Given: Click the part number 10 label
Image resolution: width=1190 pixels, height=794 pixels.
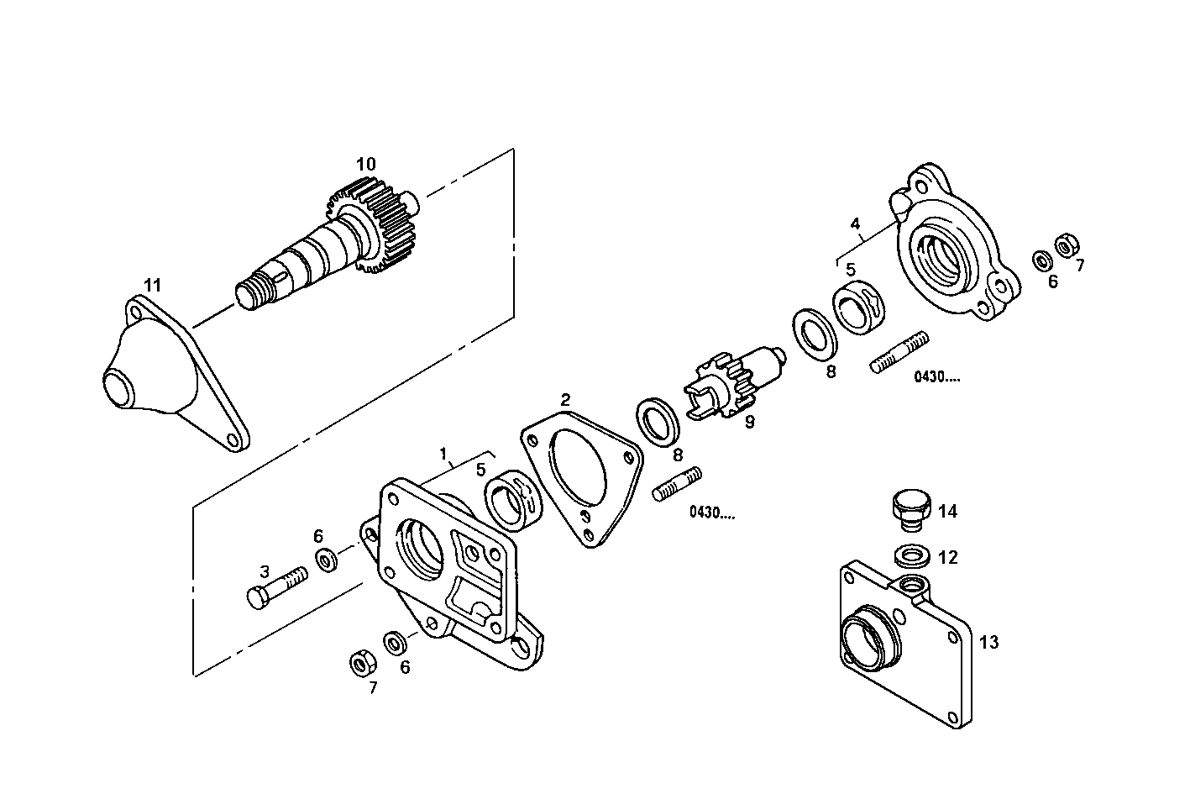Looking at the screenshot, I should (365, 165).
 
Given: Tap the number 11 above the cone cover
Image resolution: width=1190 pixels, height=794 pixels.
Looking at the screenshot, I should (151, 286).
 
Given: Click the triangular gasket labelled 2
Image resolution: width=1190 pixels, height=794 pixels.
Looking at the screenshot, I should (580, 475).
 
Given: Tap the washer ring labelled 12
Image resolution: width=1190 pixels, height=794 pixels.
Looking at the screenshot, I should (910, 555).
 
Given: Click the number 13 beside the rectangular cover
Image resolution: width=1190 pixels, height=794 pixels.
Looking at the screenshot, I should (989, 643).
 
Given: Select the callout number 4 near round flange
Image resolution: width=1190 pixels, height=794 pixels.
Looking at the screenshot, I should (855, 224).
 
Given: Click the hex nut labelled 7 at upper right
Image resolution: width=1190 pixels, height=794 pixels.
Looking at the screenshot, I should (1067, 245).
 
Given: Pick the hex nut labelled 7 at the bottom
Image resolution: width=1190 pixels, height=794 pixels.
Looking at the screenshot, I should (361, 664).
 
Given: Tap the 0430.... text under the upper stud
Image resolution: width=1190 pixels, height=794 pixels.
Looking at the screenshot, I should (937, 377).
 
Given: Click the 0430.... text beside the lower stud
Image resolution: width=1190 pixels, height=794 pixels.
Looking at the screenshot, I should (711, 513).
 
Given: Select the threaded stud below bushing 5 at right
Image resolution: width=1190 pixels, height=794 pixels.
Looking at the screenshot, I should (900, 353).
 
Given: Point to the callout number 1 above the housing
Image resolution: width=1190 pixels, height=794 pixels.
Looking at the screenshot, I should (443, 455).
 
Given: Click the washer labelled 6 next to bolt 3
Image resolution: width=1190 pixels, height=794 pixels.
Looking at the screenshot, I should (325, 559).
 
